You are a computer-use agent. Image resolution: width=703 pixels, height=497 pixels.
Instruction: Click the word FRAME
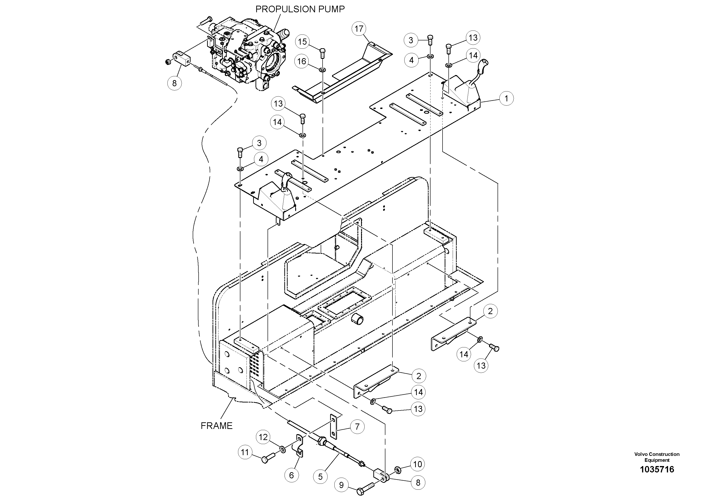217,426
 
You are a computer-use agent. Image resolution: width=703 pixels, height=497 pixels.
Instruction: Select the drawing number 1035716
657,469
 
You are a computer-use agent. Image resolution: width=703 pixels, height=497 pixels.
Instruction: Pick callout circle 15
302,42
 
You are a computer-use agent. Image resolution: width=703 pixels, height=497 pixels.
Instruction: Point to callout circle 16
302,61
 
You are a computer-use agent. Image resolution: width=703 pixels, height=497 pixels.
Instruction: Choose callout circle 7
357,427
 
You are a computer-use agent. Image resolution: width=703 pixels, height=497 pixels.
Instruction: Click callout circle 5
320,477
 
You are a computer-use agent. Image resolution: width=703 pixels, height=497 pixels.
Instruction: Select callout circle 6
291,475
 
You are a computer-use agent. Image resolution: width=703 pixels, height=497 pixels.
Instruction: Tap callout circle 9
341,485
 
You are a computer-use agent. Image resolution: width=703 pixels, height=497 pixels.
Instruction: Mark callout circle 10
418,464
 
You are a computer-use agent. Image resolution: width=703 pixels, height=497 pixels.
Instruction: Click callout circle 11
245,452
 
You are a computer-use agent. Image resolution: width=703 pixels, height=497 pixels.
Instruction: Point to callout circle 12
263,437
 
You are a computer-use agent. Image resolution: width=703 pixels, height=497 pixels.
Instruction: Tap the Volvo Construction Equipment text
657,457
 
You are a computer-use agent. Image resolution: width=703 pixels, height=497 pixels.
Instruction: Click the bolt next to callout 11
268,458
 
